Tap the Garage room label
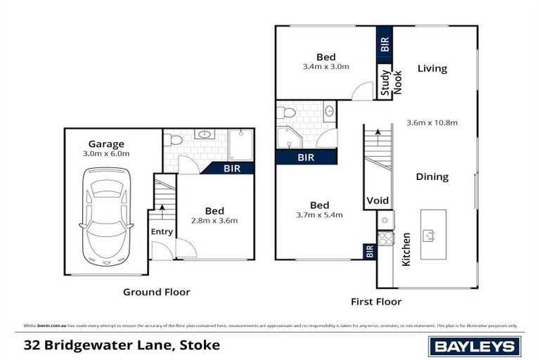[x=106, y=143]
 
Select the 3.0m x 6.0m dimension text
[x=106, y=153]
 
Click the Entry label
[x=161, y=232]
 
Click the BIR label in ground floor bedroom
[x=231, y=169]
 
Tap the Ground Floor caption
[x=156, y=292]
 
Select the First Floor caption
[x=376, y=302]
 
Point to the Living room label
[x=432, y=68]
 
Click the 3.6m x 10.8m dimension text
[x=432, y=122]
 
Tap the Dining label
[x=432, y=177]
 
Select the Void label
[x=378, y=201]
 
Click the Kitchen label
[x=406, y=249]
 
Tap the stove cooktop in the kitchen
[x=385, y=238]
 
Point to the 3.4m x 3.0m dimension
[x=326, y=67]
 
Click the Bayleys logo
[x=475, y=345]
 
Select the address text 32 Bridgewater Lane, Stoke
[x=122, y=345]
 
